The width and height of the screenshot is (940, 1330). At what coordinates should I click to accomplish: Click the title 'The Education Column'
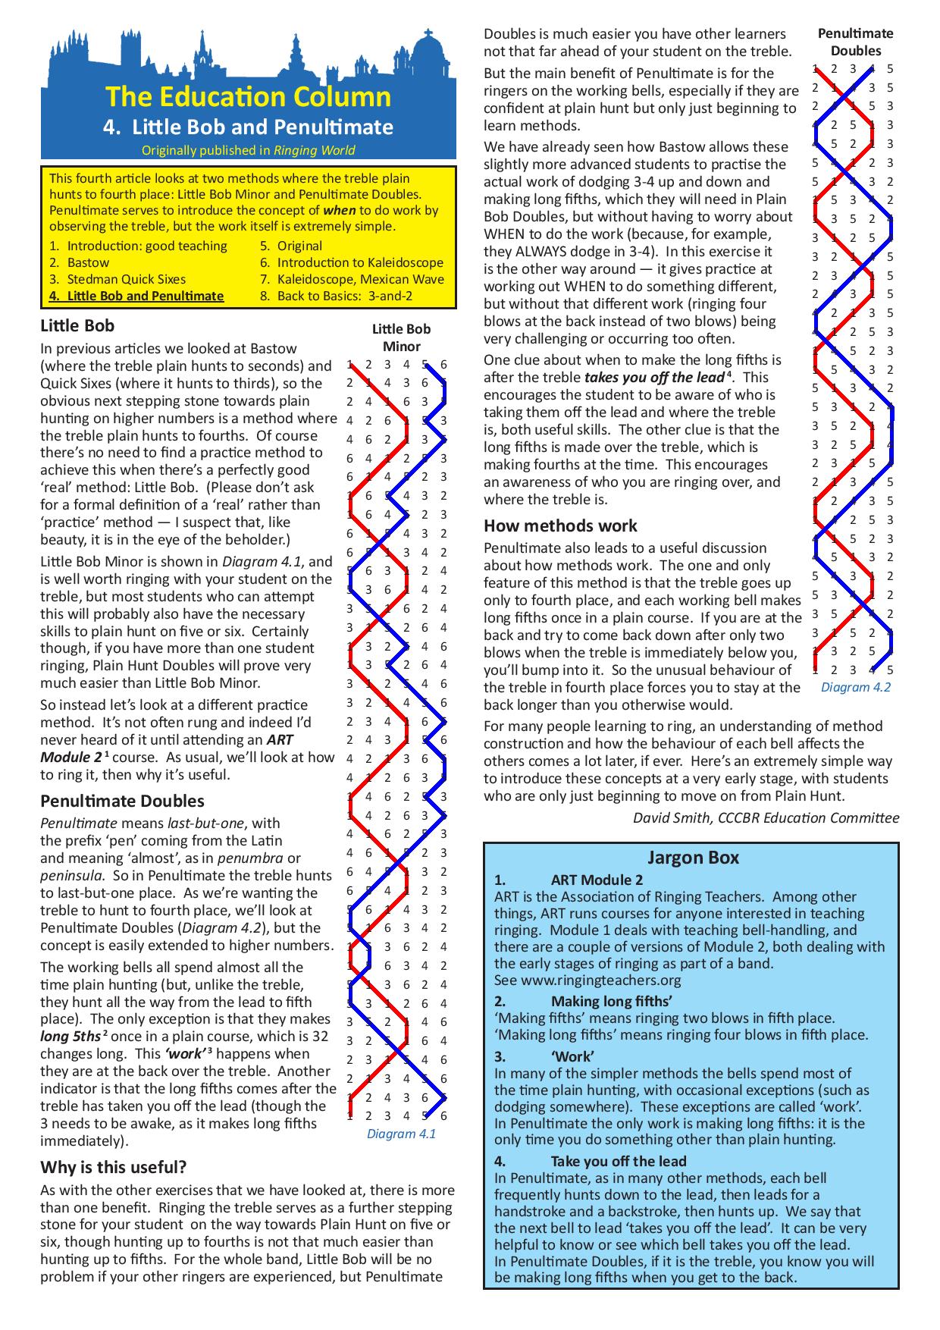pyautogui.click(x=248, y=97)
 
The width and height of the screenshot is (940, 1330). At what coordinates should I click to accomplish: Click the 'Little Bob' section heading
pyautogui.click(x=77, y=326)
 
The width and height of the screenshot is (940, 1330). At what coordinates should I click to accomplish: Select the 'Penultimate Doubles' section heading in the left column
pyautogui.click(x=122, y=801)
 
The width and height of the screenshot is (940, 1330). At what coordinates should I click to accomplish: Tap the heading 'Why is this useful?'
pyautogui.click(x=114, y=1166)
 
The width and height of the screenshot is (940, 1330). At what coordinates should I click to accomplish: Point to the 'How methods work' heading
pyautogui.click(x=560, y=525)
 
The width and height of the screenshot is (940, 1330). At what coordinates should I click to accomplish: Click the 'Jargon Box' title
pyautogui.click(x=693, y=858)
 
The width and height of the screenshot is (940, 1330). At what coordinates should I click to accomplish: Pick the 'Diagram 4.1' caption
pyautogui.click(x=401, y=1134)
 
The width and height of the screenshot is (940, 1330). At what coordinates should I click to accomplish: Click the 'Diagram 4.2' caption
pyautogui.click(x=856, y=687)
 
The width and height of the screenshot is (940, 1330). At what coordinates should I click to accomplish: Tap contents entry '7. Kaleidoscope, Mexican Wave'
pyautogui.click(x=352, y=279)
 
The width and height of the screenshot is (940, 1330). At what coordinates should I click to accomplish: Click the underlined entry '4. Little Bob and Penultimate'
pyautogui.click(x=136, y=296)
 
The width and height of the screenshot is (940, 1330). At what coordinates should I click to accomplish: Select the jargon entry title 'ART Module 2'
pyautogui.click(x=597, y=880)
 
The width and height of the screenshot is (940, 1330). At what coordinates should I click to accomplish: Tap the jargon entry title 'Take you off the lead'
pyautogui.click(x=619, y=1161)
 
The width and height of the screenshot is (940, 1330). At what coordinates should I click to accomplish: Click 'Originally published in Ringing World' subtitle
pyautogui.click(x=248, y=150)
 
